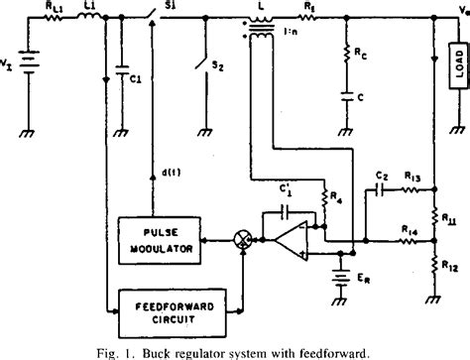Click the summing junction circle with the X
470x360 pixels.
(239, 239)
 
